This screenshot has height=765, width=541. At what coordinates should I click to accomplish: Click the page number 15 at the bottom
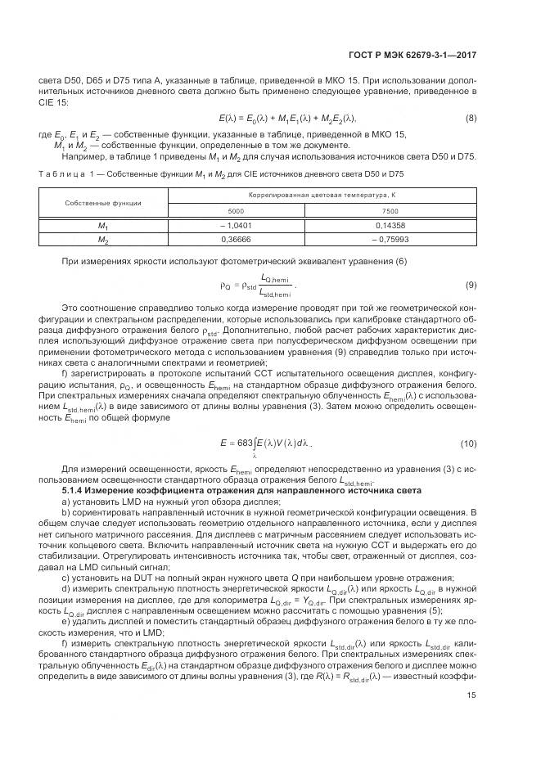(471, 718)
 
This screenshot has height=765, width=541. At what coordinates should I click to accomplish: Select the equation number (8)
(471, 119)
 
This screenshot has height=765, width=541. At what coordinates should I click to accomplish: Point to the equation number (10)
(468, 443)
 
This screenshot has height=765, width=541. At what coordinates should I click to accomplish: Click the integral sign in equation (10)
(255, 443)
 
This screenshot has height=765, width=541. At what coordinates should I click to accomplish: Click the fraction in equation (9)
(274, 285)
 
